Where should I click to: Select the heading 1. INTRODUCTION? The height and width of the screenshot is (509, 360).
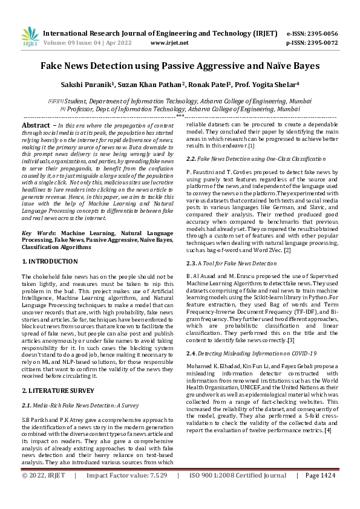tap(50, 261)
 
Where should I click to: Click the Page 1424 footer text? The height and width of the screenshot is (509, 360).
tap(320, 493)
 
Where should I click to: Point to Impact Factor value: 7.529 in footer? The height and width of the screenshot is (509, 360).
tap(127, 493)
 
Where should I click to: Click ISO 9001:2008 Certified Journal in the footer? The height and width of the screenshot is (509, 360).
tap(237, 493)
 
